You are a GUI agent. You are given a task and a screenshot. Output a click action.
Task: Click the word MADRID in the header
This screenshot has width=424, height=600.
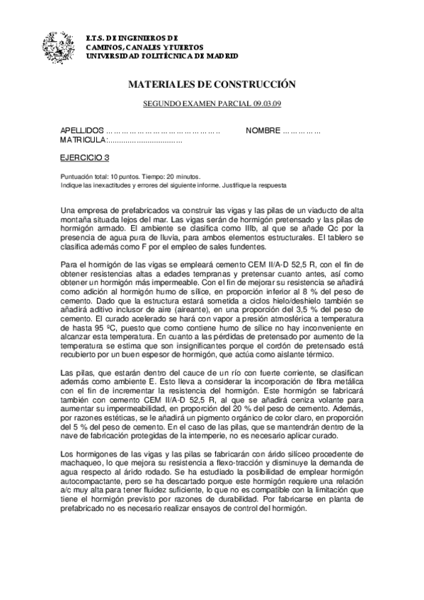click(x=220, y=55)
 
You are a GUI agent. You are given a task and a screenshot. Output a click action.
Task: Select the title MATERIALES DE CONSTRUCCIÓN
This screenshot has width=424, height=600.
click(x=211, y=84)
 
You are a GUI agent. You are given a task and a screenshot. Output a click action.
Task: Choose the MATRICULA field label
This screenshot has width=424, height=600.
click(x=83, y=142)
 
